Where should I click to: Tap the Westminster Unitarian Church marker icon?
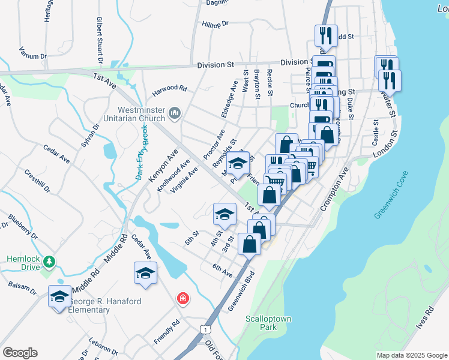point(175,113)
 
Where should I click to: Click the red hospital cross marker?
point(182,298)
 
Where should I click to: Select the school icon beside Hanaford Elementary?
point(59,296)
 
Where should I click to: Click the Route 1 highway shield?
point(206,329)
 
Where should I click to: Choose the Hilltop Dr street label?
point(216,25)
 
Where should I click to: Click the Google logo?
point(19,353)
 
